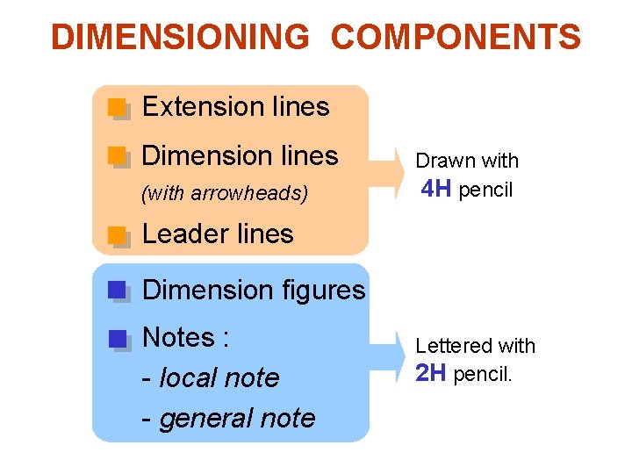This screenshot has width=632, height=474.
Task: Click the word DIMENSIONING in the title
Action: tap(180, 38)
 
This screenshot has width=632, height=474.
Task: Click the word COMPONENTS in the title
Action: tap(456, 38)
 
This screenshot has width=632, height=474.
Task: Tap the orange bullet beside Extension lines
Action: tap(117, 107)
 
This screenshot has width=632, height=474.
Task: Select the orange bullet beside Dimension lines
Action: tap(117, 156)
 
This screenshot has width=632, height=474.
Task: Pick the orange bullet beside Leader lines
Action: tap(117, 233)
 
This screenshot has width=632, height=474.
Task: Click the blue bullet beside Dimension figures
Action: tap(117, 290)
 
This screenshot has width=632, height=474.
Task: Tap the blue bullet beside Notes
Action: tap(117, 338)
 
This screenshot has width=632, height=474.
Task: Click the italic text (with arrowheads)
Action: tap(225, 193)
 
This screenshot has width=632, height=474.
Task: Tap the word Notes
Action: tap(178, 337)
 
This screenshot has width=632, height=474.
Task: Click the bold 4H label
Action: tap(436, 189)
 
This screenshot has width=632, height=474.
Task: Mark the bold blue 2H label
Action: tap(431, 374)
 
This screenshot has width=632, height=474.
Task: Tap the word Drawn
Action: tap(440, 162)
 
